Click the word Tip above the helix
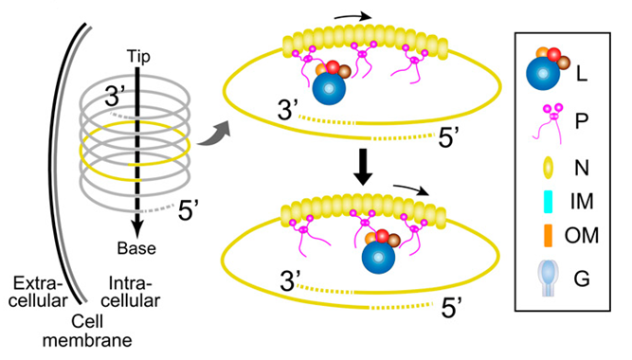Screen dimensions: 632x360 [x=138, y=57]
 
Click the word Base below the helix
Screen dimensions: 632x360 [x=136, y=248]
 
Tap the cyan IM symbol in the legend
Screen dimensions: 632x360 [x=549, y=203]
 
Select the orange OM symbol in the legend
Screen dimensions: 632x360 [x=548, y=235]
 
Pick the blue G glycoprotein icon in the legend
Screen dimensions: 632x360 [x=548, y=279]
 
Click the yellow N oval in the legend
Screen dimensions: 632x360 [x=549, y=168]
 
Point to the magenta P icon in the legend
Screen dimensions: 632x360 [x=550, y=123]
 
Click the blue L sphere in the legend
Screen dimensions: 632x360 [x=543, y=73]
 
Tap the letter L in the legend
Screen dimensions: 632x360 [x=581, y=74]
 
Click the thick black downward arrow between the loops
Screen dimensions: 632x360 [x=363, y=167]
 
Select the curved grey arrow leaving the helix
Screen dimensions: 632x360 [x=213, y=134]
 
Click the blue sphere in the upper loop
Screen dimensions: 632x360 [x=329, y=89]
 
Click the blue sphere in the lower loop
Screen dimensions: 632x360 [x=378, y=257]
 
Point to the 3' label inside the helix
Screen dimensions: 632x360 [x=114, y=97]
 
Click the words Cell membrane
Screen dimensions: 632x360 [x=87, y=331]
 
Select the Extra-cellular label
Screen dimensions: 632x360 [x=38, y=292]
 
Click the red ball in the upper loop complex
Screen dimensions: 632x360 [x=333, y=67]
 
